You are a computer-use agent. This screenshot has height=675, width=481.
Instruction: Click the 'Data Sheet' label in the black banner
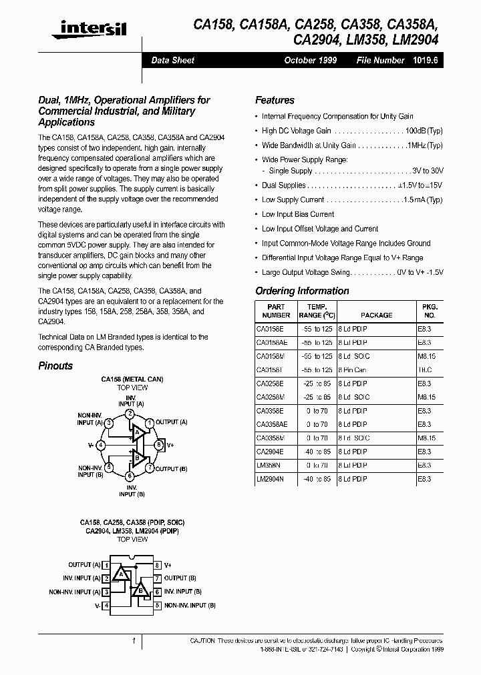(172, 60)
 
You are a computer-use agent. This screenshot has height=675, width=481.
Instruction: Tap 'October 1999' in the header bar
(311, 60)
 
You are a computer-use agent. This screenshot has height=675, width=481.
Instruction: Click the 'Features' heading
(275, 100)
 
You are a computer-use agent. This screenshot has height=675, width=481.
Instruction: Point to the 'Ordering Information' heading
(302, 291)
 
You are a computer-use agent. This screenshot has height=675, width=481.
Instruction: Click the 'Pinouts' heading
(55, 366)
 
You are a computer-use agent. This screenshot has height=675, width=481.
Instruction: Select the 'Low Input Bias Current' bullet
(298, 214)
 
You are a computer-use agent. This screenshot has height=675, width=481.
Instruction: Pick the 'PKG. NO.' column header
(429, 311)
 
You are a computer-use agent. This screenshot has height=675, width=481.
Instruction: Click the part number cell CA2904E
(270, 452)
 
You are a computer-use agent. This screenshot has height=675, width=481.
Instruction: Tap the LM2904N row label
(270, 479)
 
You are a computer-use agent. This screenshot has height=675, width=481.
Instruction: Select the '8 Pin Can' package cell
(352, 370)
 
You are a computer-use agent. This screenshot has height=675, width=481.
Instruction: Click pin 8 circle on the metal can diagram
(158, 444)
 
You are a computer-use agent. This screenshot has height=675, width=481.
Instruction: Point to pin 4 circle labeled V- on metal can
(100, 444)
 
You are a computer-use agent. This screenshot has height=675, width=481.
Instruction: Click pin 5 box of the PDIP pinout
(158, 605)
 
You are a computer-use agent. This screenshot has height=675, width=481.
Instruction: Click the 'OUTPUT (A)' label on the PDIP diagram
(84, 565)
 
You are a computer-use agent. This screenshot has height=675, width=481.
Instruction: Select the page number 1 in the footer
(134, 641)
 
